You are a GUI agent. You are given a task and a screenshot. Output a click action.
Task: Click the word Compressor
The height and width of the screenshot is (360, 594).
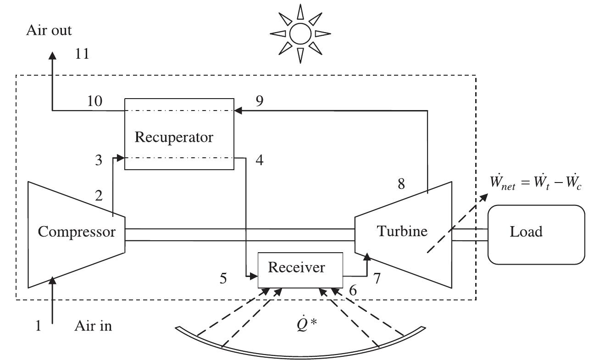(x=77, y=232)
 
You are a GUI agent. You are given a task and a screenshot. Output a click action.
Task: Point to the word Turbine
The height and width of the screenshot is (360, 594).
(x=402, y=231)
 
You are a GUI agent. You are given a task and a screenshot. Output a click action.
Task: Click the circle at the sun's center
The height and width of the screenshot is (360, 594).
(x=300, y=33)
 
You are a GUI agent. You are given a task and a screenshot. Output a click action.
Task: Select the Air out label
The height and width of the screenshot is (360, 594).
(x=49, y=31)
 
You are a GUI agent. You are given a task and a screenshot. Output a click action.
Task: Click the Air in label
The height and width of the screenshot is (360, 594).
(x=93, y=326)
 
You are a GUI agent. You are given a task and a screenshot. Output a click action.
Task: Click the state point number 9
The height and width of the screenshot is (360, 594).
(x=259, y=101)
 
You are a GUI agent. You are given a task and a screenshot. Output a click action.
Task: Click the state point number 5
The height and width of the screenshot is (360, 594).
(x=223, y=279)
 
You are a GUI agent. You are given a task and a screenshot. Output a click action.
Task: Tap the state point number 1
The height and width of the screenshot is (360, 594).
(x=39, y=326)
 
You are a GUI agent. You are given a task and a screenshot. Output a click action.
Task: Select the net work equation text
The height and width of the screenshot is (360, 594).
(x=536, y=185)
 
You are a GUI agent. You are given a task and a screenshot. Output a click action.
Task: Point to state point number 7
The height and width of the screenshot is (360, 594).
(x=376, y=278)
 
